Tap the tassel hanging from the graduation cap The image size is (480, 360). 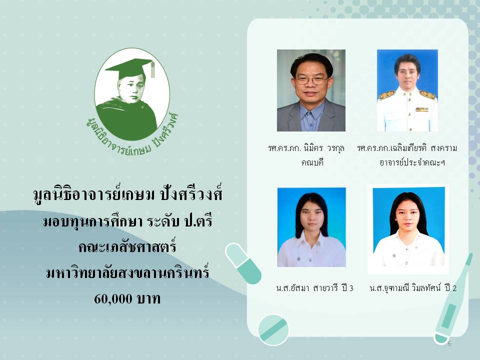point(152,69)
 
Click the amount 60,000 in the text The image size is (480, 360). point(113,298)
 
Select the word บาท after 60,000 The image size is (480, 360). point(149,298)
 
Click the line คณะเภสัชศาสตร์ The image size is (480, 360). point(127,246)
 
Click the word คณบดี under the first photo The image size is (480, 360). point(312,162)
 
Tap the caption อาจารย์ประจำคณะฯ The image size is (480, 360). point(412,162)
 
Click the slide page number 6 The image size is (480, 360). point(449,343)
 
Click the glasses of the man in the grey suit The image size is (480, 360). point(311,80)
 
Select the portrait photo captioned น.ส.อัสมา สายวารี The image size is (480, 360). point(311,227)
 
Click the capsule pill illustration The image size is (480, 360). point(243,263)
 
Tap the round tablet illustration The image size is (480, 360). point(273,330)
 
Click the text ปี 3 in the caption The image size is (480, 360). point(347,288)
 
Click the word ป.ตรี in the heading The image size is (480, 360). point(198,221)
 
